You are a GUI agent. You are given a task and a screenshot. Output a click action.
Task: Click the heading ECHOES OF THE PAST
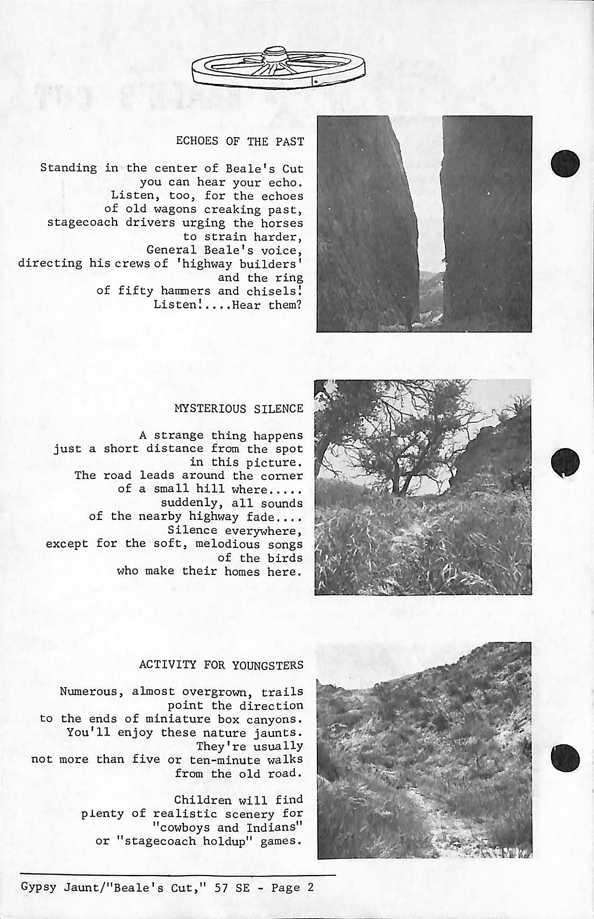point(240,141)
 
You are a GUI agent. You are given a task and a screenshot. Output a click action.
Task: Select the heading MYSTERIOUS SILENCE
point(239,409)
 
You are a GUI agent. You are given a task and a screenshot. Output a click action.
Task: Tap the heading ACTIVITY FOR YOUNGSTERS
point(221,665)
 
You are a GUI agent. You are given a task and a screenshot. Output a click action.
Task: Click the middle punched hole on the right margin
point(565,462)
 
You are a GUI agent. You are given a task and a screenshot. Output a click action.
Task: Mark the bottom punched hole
point(565,758)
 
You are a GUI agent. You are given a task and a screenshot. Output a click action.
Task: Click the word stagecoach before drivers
point(83,223)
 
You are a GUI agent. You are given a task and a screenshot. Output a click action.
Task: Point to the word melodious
point(228,544)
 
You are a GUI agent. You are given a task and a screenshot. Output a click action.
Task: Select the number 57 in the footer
point(221,887)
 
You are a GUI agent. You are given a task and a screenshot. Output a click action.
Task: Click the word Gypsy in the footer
point(39,887)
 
